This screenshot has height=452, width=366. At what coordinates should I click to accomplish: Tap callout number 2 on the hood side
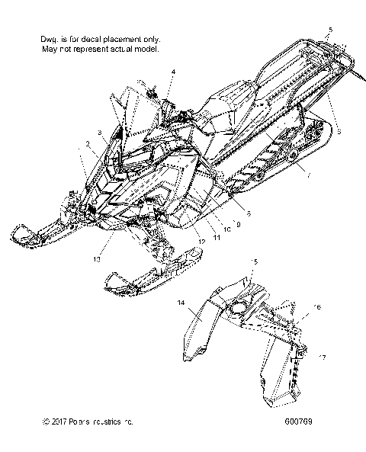pyautogui.click(x=88, y=143)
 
